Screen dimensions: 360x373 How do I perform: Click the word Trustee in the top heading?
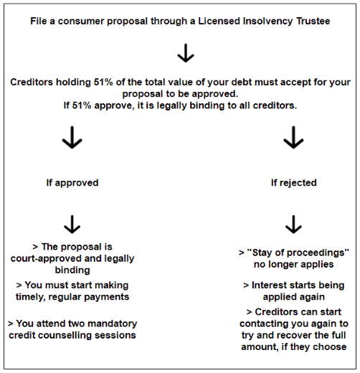tap(313, 21)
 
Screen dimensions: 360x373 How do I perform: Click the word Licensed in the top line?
tap(219, 21)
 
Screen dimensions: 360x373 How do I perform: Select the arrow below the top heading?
tap(186, 53)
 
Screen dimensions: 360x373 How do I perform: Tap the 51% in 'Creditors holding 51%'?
tap(103, 82)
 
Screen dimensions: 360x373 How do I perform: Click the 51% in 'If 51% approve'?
tap(82, 105)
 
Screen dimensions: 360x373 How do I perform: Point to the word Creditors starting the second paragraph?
tap(32, 82)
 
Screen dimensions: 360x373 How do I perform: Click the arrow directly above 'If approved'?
tap(72, 137)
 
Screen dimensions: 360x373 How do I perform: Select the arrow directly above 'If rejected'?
tap(293, 137)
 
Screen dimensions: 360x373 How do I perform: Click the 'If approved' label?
tap(72, 183)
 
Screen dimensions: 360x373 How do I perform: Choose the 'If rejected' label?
tap(294, 183)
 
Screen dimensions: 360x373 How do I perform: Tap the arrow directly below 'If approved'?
tap(72, 225)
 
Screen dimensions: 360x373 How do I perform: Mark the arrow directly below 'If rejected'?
tap(293, 225)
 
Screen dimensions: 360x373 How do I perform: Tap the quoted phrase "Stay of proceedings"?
tap(298, 252)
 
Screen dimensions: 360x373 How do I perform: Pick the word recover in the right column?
tap(295, 335)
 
